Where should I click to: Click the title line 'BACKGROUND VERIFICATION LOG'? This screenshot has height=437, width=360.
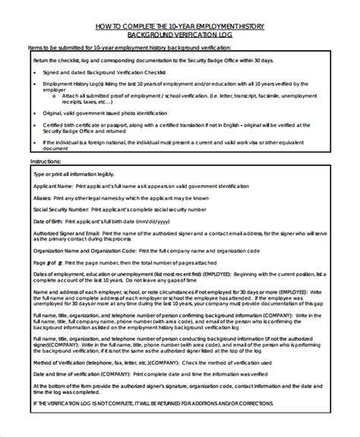pos(180,35)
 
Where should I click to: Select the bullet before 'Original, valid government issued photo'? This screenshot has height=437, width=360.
pos(36,112)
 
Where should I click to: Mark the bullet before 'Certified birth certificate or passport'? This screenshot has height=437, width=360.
pos(36,123)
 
